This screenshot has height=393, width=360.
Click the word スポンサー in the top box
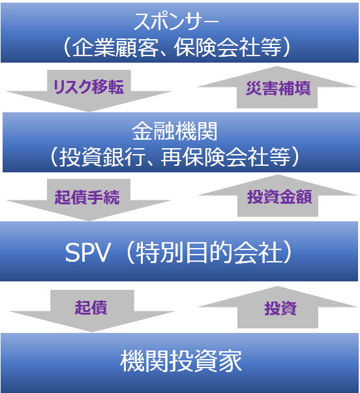177,22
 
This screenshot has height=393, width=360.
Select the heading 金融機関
175,131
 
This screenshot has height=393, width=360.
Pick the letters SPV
87,253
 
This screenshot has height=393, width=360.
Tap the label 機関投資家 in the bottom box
181,361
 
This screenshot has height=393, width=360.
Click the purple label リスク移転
89,87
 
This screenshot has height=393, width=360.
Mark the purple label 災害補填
278,88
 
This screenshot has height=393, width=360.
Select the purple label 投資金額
280,197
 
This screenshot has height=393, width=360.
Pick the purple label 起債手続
87,197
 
